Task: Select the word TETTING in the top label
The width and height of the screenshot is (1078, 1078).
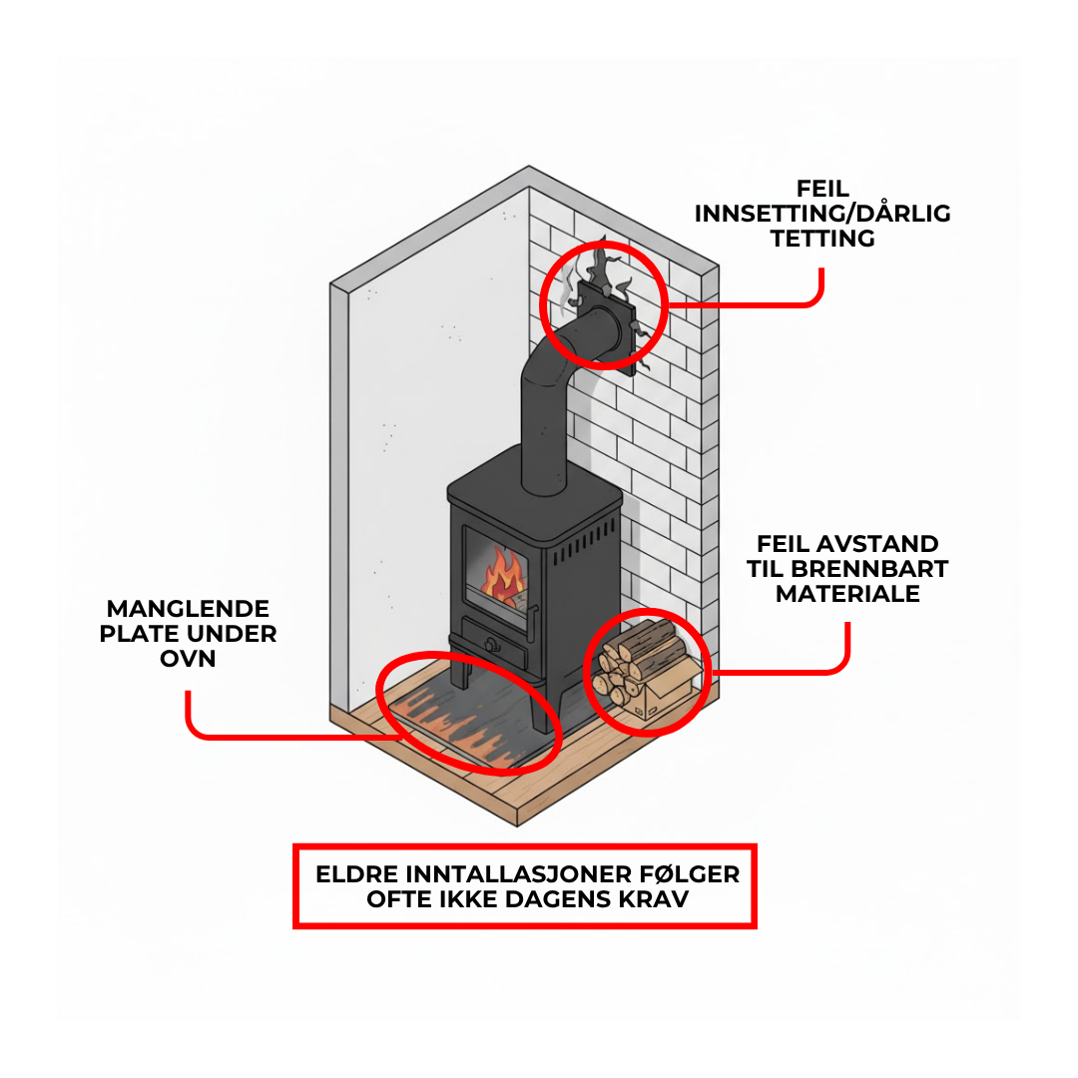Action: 822,239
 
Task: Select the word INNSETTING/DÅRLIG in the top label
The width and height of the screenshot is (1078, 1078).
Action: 822,214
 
